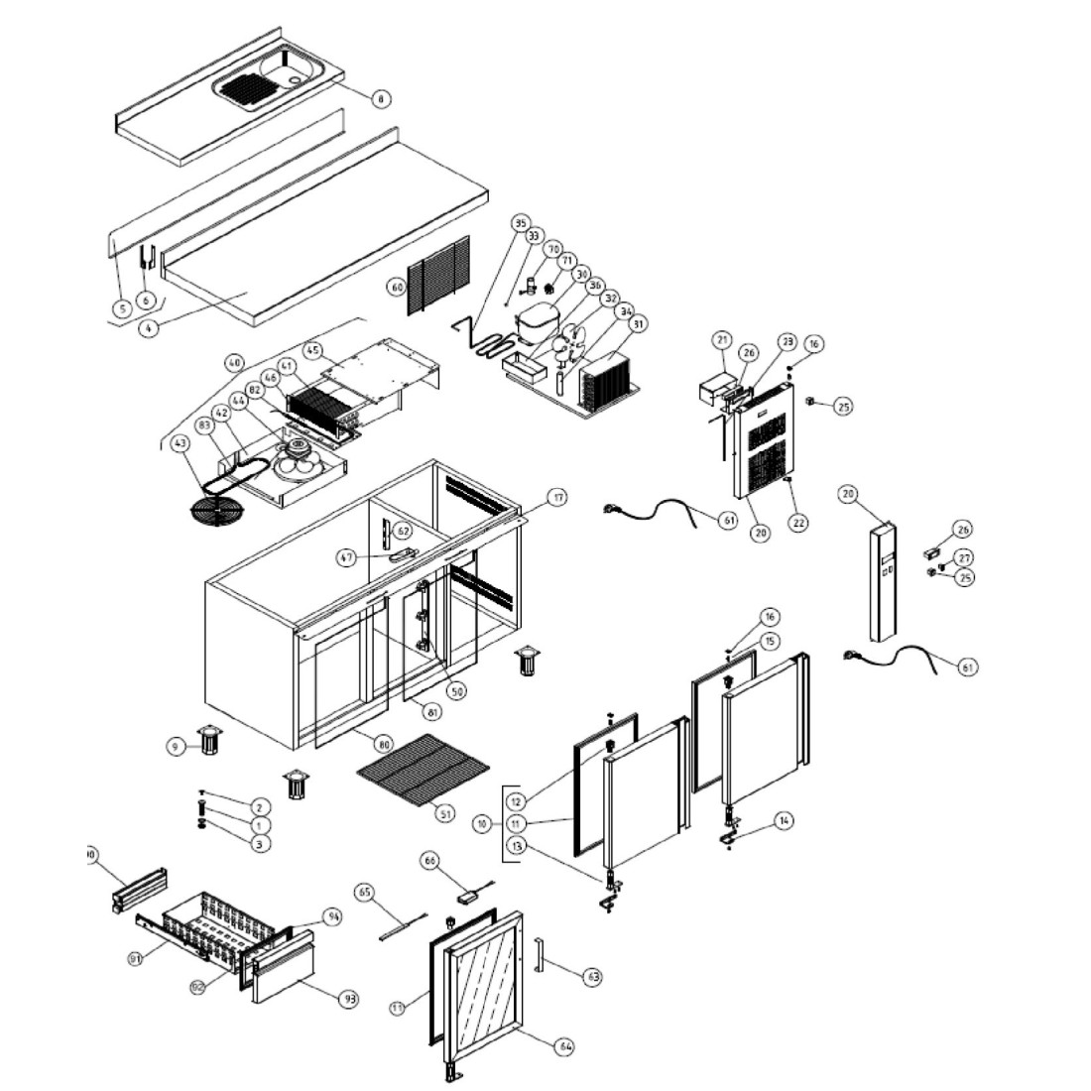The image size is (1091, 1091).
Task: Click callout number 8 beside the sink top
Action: pyautogui.click(x=380, y=98)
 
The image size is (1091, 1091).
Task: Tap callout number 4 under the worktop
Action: pyautogui.click(x=148, y=329)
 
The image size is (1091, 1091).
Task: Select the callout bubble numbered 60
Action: pyautogui.click(x=396, y=287)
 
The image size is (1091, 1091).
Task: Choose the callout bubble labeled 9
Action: pyautogui.click(x=178, y=746)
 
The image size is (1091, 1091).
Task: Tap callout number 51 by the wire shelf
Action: pyautogui.click(x=445, y=813)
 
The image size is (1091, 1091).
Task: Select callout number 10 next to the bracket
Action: pyautogui.click(x=483, y=823)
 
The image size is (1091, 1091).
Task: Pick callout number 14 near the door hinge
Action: pyautogui.click(x=784, y=820)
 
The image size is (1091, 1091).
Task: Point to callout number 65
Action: pyautogui.click(x=364, y=893)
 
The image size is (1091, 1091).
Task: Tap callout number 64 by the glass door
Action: pyautogui.click(x=565, y=1046)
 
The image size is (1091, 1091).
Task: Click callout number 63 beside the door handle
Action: pyautogui.click(x=593, y=977)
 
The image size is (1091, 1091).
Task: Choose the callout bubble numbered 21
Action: pyautogui.click(x=721, y=340)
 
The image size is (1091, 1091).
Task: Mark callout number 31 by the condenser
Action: pyautogui.click(x=637, y=323)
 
